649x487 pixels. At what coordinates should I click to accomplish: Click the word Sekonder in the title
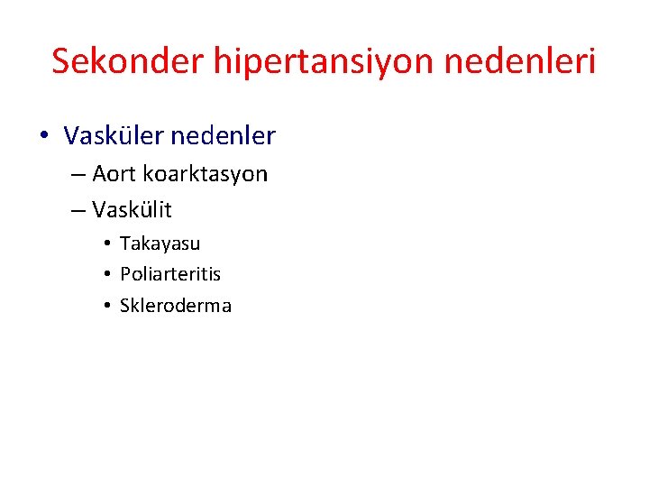128,61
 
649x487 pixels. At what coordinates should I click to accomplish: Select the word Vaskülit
132,211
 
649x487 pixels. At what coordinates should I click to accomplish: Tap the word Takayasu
160,243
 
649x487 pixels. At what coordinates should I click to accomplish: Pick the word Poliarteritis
170,274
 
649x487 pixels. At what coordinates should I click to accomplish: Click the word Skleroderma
176,306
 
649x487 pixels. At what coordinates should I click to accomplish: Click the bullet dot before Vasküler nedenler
44,137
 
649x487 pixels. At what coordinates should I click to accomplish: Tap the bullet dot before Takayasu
106,243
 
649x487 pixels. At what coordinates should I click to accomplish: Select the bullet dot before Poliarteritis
106,274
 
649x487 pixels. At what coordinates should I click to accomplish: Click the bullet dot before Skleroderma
106,306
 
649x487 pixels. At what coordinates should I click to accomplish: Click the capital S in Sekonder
61,61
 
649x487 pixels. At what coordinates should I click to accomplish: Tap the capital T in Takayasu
124,243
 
